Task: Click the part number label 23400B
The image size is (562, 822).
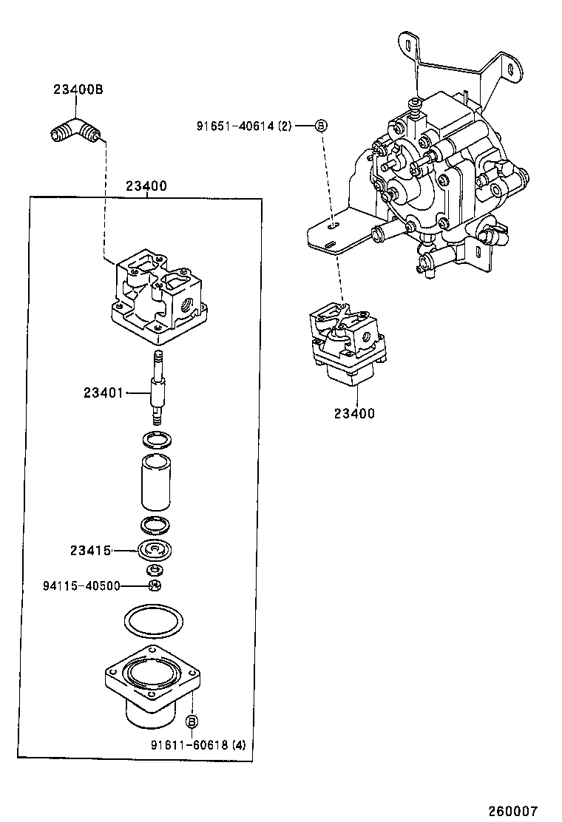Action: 77,90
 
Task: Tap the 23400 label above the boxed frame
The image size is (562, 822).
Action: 146,187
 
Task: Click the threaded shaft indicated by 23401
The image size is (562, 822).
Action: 157,385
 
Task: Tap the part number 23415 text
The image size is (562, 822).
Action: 90,550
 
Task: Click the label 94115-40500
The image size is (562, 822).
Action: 81,585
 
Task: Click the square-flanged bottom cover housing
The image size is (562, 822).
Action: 152,687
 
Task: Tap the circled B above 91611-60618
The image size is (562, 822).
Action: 192,721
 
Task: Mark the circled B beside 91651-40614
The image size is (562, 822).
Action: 321,126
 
